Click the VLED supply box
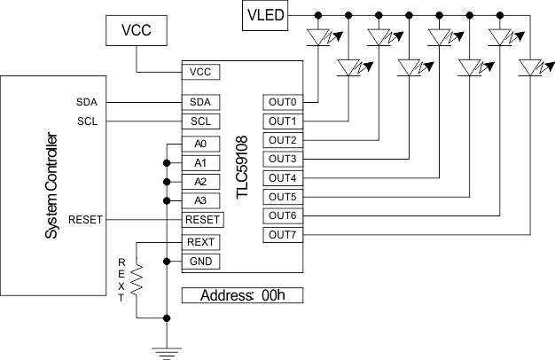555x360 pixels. (x=264, y=14)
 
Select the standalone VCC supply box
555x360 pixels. (x=136, y=30)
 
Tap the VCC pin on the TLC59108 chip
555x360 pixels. (x=199, y=71)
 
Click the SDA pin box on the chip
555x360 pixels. (x=199, y=102)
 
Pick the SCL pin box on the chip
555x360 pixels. (x=199, y=121)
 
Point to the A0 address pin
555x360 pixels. (x=199, y=144)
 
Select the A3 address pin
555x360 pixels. (x=199, y=200)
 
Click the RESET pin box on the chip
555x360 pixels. (x=202, y=220)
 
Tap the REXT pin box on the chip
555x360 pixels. (x=200, y=242)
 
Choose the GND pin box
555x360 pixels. (x=199, y=261)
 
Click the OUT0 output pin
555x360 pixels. (x=282, y=102)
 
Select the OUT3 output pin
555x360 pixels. (x=282, y=159)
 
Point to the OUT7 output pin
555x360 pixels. (x=282, y=235)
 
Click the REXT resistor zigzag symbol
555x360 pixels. (x=137, y=283)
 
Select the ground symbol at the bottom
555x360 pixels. (x=166, y=351)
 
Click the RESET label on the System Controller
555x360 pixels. (x=85, y=220)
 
